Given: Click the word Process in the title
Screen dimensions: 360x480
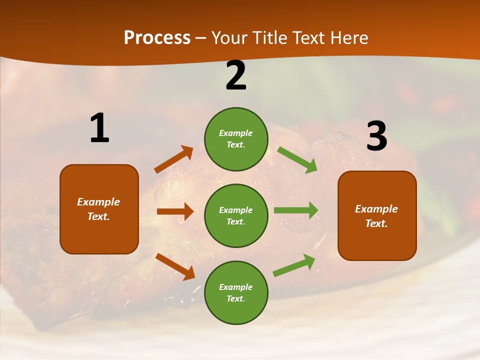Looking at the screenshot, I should point(157,38).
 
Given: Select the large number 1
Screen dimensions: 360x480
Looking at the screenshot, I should point(99,128).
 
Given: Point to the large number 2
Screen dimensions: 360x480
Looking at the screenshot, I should point(236,76).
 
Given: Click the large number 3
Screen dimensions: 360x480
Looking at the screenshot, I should point(376,136).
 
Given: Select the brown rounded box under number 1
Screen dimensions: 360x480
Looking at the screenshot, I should point(99,209).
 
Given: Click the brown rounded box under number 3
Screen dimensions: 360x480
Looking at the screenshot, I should point(377,215).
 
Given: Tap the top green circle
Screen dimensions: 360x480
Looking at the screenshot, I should point(236,139).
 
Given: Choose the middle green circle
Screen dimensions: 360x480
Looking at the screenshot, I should point(236,215).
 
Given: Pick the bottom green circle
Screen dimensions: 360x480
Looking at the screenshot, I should point(236,292).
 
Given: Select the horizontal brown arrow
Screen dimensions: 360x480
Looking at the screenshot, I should point(175,211).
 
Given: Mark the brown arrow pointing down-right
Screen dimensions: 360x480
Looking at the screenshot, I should point(175,266).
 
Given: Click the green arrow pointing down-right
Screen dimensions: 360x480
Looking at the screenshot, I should point(297,160).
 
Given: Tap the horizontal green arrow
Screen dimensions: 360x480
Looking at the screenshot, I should point(296,210).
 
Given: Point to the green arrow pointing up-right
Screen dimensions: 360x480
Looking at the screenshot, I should point(294,265).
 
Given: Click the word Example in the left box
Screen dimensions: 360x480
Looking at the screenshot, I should point(98,202).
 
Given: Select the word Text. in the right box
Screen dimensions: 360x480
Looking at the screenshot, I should point(376,223).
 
